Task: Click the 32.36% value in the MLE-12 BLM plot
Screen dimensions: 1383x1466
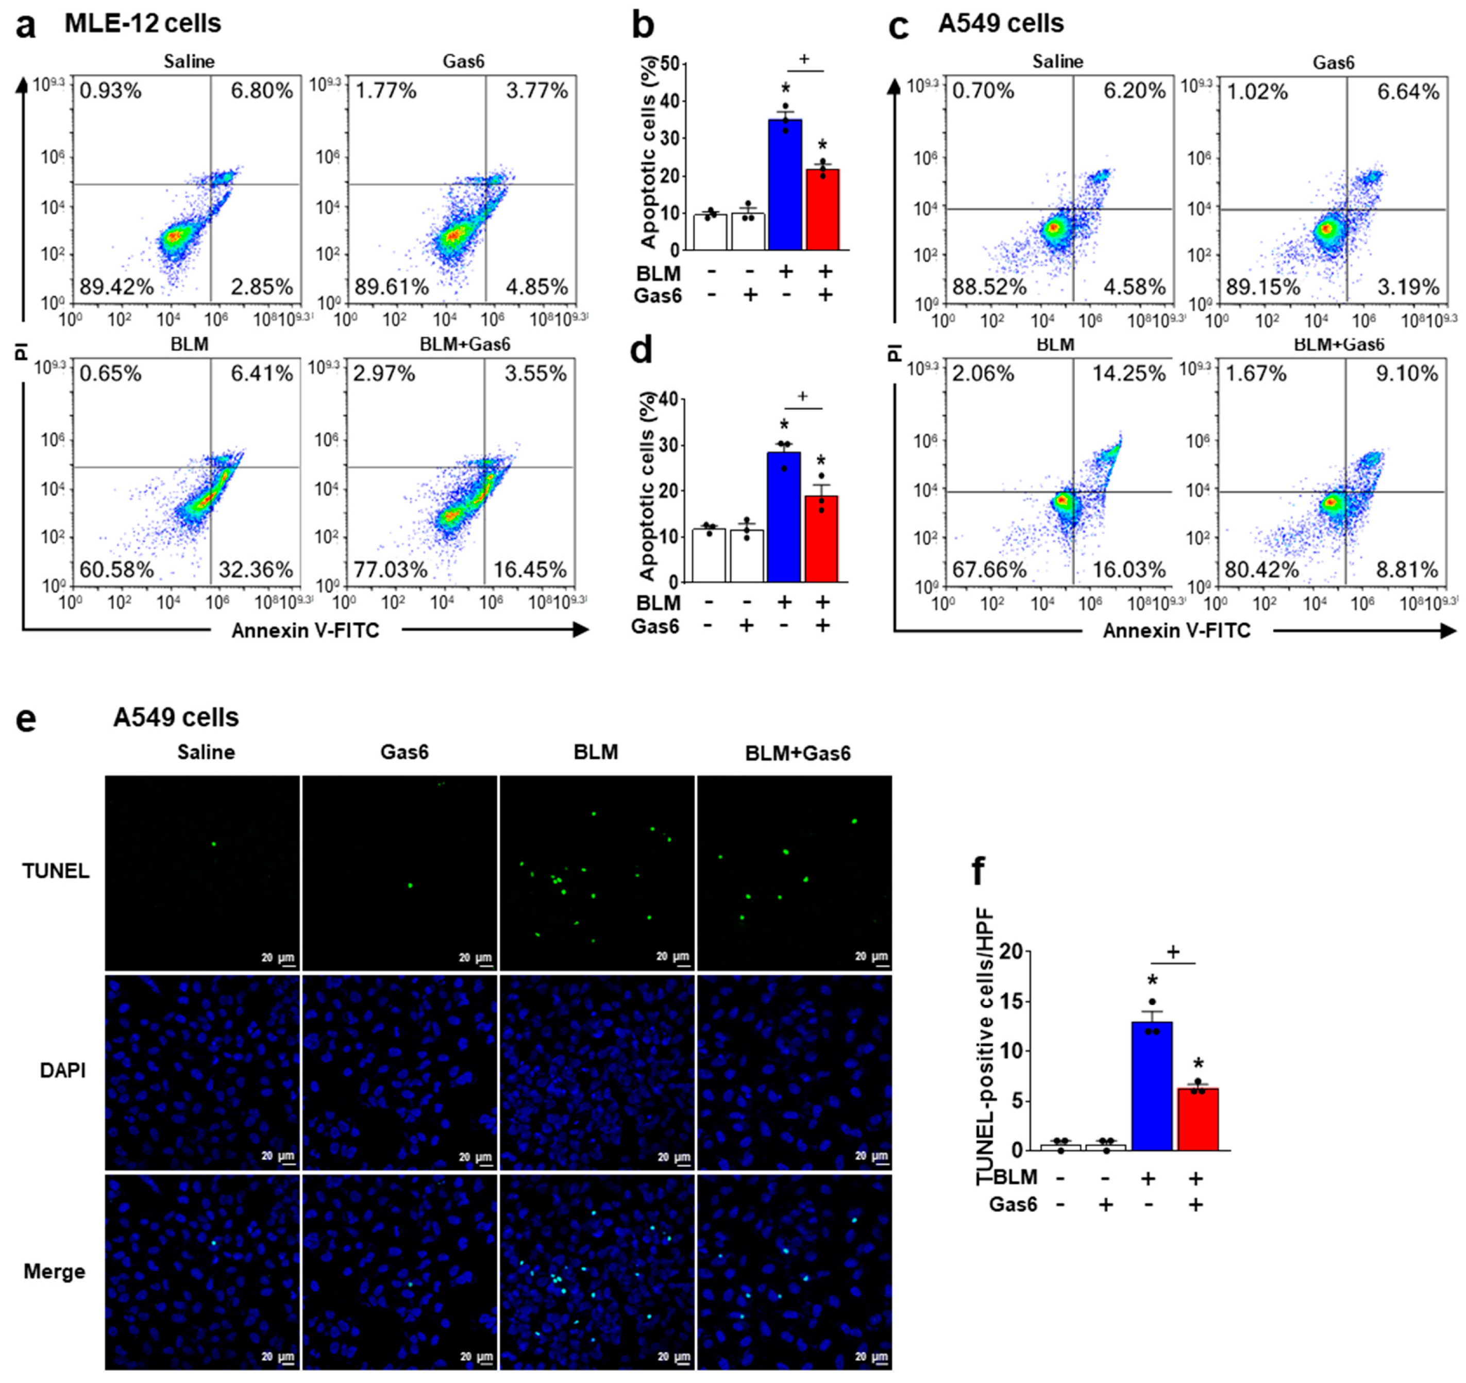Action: point(255,570)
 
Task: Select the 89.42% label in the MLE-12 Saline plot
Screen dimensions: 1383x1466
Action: point(116,287)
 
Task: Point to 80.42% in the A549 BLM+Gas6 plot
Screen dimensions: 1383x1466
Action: point(1262,570)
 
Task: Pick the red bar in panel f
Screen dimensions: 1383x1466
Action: point(1198,1119)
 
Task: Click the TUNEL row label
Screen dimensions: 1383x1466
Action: point(56,871)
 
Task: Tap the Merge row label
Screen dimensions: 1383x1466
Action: point(55,1272)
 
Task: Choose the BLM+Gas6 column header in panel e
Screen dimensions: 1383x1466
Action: point(798,753)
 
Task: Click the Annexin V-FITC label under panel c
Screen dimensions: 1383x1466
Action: point(1176,630)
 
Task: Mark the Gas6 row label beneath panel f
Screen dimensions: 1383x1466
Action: point(1013,1205)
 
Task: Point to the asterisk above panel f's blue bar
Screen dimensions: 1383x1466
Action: point(1153,982)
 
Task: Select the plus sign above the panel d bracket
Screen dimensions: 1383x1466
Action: point(802,395)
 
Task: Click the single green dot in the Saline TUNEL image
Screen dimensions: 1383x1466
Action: point(214,843)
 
